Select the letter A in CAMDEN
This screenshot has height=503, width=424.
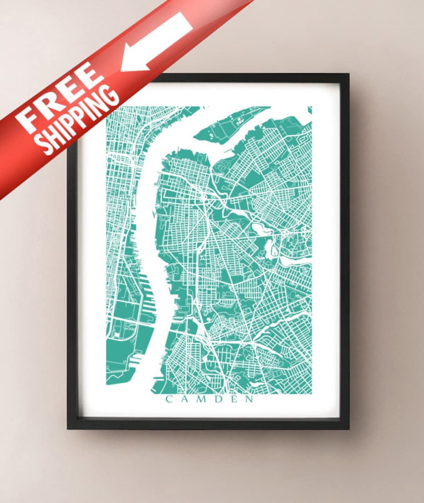(185, 400)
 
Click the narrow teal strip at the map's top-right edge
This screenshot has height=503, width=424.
(309, 110)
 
